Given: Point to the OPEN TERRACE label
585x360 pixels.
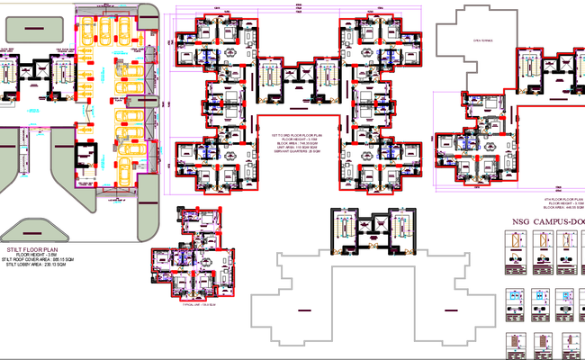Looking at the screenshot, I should coord(470,40).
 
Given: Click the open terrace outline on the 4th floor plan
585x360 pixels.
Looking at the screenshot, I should coord(469,49).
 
